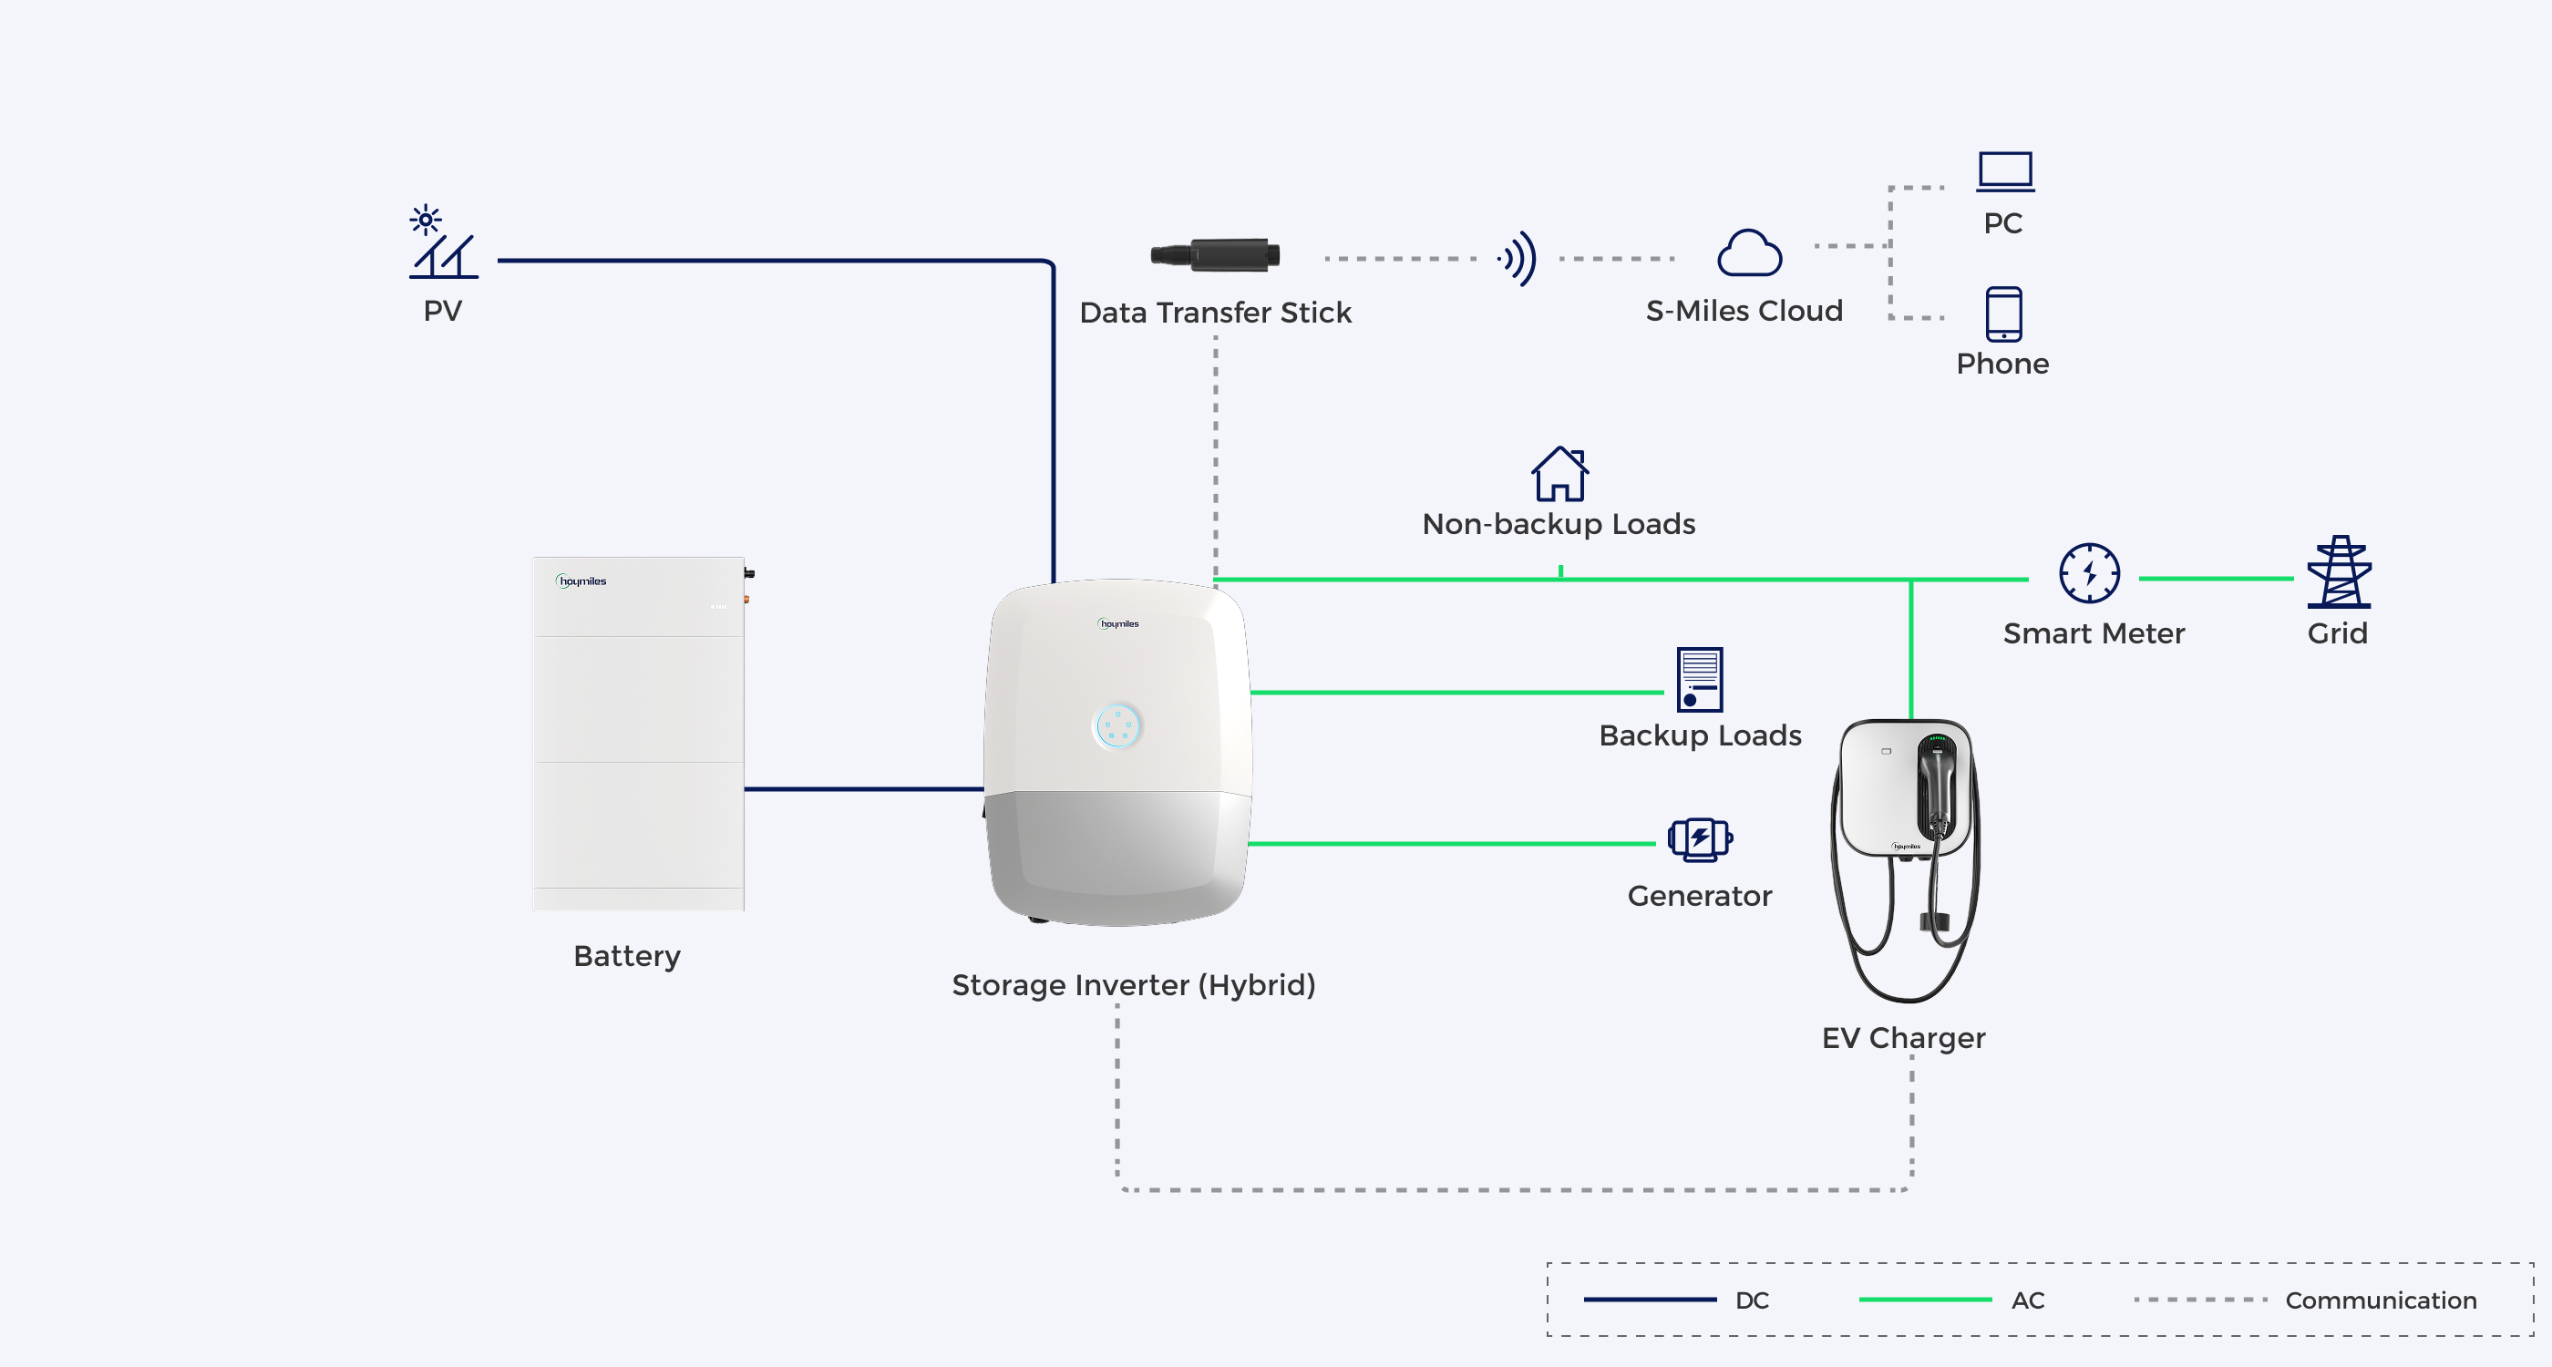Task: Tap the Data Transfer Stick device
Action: click(x=1215, y=254)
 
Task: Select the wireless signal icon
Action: click(x=1518, y=259)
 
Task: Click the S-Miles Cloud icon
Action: click(x=1750, y=252)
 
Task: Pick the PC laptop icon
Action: click(x=2005, y=171)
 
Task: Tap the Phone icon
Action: click(x=2003, y=314)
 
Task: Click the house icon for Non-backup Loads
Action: click(x=1560, y=474)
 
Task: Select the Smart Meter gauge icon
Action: click(x=2089, y=572)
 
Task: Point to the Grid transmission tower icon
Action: click(x=2339, y=571)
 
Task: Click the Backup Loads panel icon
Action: click(x=1700, y=680)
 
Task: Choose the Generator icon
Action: click(x=1700, y=839)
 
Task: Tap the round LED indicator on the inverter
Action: click(x=1117, y=726)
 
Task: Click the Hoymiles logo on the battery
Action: click(x=581, y=581)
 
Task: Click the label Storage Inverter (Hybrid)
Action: click(x=1133, y=986)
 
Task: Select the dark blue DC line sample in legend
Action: click(x=1651, y=1300)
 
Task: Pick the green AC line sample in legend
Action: click(x=1925, y=1300)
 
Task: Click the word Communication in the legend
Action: click(x=2381, y=1300)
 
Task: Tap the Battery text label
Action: click(x=627, y=957)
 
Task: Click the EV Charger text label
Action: click(x=1903, y=1038)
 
